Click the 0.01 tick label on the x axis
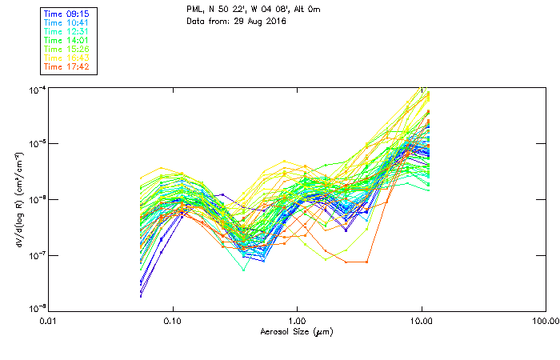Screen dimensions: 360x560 pos(49,322)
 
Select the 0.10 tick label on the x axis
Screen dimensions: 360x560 pos(173,322)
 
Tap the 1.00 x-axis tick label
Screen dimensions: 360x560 pos(298,322)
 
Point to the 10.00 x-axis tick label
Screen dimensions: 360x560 pos(422,322)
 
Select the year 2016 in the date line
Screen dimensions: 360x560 pos(274,20)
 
